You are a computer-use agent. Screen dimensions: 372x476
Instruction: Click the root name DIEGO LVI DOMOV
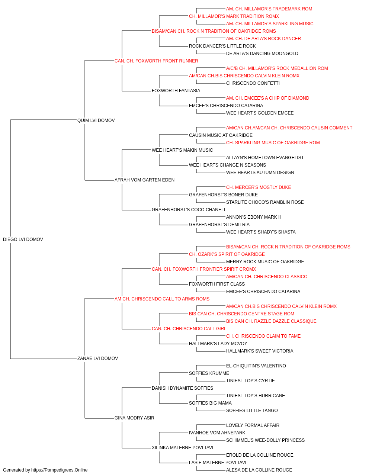(23, 239)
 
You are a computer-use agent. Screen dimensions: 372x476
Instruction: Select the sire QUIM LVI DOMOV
(96, 120)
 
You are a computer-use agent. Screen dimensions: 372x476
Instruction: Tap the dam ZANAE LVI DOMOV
(98, 358)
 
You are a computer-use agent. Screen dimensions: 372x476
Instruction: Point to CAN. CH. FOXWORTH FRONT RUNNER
(156, 61)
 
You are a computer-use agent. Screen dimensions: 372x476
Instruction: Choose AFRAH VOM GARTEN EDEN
(144, 180)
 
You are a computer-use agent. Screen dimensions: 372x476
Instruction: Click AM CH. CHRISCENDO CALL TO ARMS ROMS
(162, 299)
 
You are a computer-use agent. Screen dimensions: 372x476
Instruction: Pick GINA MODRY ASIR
(134, 418)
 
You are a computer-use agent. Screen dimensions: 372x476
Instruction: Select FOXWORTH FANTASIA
(176, 91)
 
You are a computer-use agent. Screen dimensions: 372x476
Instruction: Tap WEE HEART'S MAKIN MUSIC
(182, 150)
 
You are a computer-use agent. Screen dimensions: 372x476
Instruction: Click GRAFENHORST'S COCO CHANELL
(189, 210)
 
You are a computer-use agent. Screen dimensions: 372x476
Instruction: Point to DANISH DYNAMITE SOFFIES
(183, 388)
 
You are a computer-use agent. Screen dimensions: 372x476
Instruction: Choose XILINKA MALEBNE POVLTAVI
(183, 447)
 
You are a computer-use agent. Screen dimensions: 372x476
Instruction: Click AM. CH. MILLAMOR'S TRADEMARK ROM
(269, 9)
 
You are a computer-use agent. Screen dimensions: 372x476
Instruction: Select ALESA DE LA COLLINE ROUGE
(259, 470)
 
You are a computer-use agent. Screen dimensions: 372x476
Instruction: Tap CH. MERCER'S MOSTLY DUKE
(259, 187)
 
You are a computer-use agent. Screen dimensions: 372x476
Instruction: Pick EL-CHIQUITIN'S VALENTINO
(256, 366)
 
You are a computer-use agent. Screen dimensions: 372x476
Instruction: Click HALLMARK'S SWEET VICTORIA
(260, 351)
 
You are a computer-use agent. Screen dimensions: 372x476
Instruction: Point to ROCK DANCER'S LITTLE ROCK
(222, 46)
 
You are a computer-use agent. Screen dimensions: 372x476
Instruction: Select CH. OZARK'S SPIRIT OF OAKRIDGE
(227, 254)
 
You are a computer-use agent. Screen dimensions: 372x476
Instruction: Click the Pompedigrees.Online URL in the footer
(59, 470)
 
